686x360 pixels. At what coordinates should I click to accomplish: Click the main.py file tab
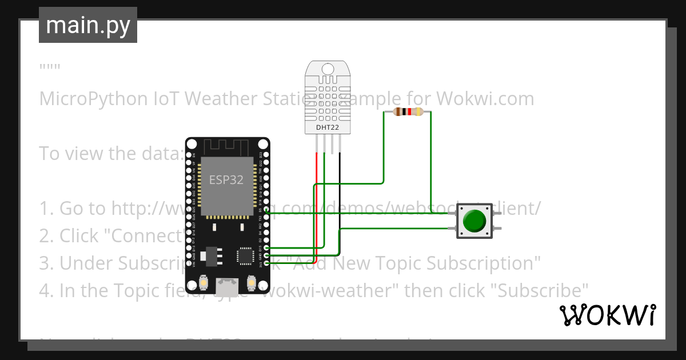tap(87, 25)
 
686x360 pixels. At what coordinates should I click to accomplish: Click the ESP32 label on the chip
tap(226, 180)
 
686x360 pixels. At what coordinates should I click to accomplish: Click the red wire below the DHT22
tap(316, 200)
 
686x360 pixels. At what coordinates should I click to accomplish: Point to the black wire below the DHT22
tap(340, 200)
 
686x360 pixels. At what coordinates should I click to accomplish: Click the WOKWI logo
tap(607, 315)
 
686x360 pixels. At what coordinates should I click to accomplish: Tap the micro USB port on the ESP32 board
tap(228, 283)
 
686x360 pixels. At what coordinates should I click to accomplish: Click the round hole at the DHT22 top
tap(328, 69)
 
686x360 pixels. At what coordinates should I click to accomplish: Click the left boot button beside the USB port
tap(204, 282)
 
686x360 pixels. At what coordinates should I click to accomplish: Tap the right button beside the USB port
tap(251, 282)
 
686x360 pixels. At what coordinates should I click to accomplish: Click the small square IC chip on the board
tap(246, 256)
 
